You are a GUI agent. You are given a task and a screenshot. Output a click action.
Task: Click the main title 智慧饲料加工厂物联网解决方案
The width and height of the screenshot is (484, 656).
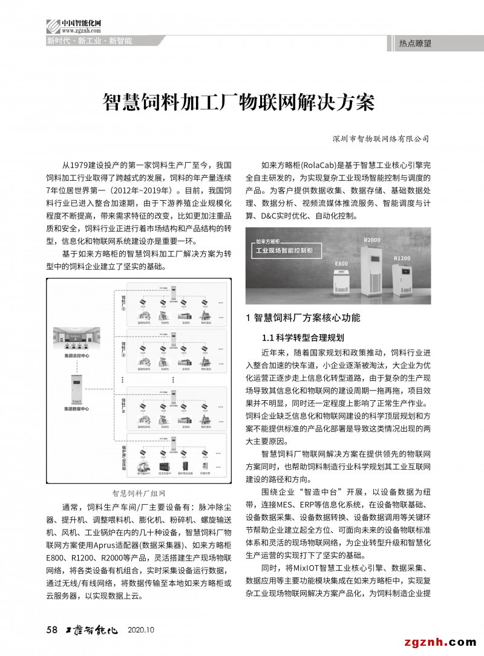[x=240, y=102]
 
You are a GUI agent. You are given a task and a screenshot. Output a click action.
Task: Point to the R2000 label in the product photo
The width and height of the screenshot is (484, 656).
[x=372, y=240]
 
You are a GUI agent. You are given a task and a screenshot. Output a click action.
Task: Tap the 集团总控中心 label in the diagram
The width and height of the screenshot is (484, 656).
[x=76, y=356]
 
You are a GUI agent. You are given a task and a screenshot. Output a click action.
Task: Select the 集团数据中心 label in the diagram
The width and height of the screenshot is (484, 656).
[x=76, y=409]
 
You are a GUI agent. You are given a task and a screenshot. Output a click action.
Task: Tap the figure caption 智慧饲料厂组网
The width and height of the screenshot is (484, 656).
[x=139, y=493]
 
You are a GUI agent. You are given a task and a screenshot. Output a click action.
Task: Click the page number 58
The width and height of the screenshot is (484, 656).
[x=51, y=630]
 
